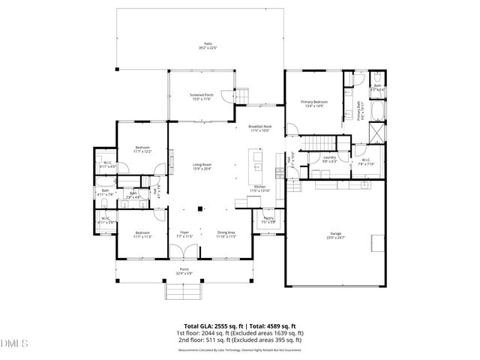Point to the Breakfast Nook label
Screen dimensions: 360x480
(x=260, y=129)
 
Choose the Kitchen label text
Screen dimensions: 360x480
(x=260, y=188)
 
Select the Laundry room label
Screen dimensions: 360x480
(x=329, y=158)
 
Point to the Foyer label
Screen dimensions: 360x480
(x=184, y=234)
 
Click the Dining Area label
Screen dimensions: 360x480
(x=226, y=234)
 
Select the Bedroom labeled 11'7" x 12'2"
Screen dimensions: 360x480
(x=142, y=149)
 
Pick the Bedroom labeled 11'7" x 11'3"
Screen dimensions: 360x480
(x=142, y=234)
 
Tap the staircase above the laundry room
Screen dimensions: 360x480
(x=320, y=143)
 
